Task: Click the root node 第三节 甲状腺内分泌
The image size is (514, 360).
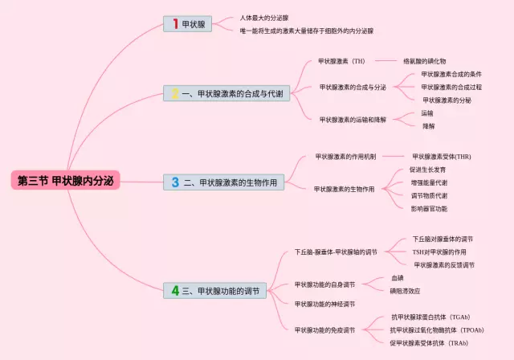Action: click(x=65, y=181)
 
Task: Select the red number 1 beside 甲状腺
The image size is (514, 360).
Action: click(x=173, y=25)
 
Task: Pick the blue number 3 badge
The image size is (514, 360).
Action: click(x=175, y=183)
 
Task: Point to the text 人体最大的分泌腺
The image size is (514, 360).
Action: click(x=264, y=17)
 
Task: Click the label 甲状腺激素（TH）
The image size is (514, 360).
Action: click(x=341, y=60)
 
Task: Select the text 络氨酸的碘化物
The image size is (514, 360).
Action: click(x=425, y=60)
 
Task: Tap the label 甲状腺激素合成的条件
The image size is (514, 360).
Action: click(x=451, y=74)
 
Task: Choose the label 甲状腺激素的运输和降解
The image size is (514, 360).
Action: click(x=353, y=119)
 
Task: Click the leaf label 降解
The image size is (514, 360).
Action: click(x=428, y=126)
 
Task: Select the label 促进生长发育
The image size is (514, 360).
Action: click(x=429, y=170)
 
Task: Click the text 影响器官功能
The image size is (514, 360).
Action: click(x=429, y=208)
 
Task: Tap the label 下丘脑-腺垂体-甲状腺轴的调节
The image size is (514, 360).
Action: click(x=336, y=252)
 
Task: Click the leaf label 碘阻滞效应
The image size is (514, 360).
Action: click(x=405, y=291)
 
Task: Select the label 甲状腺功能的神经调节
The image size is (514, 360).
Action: click(x=324, y=304)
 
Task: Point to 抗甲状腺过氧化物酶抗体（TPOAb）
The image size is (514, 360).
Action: click(x=437, y=329)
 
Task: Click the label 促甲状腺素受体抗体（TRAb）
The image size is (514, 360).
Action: click(x=429, y=343)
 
